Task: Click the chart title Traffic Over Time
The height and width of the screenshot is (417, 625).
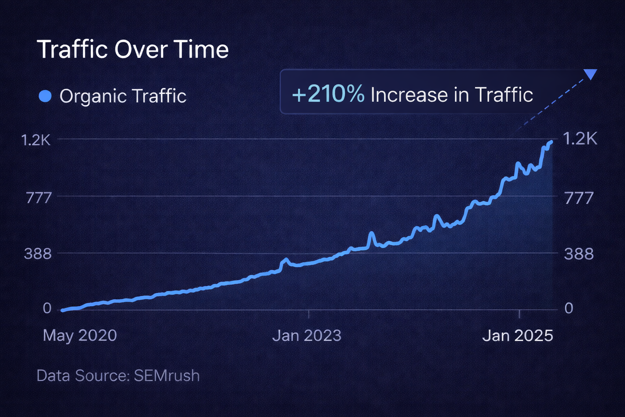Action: point(133,50)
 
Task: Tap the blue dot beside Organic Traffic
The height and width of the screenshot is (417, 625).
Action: point(45,96)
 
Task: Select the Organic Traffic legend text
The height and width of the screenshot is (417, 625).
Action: point(123,97)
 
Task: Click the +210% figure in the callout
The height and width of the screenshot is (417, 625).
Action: point(328,94)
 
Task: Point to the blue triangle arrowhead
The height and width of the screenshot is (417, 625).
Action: point(590,74)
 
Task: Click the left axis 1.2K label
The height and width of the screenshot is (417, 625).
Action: point(36,140)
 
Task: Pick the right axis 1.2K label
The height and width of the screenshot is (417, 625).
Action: point(580,139)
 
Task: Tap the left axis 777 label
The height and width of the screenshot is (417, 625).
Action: point(39,198)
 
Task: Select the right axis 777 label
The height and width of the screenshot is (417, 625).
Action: point(579,198)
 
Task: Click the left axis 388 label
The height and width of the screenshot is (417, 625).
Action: point(38,254)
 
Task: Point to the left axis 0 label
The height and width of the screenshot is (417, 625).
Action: point(47,308)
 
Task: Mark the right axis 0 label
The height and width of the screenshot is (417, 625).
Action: point(569,308)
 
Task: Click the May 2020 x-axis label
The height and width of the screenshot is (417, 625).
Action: point(80,336)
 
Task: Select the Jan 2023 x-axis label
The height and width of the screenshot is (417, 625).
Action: point(307,336)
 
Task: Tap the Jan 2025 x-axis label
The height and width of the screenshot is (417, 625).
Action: point(518,336)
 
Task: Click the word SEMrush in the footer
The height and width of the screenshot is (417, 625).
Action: point(167,375)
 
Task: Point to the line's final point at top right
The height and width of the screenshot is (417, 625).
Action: point(552,142)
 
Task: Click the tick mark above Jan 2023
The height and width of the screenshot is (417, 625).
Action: point(309,314)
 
